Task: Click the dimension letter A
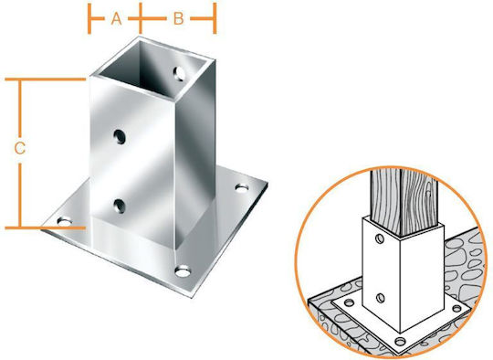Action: [116, 19]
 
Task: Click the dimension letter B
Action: [178, 19]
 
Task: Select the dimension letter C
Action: [20, 148]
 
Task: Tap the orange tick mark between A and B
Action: [141, 18]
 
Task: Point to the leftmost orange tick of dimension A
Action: [89, 18]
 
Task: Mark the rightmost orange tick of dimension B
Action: [215, 18]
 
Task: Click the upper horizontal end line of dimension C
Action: [46, 79]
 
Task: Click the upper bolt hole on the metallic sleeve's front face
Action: [120, 137]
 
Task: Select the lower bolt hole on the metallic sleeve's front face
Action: [120, 206]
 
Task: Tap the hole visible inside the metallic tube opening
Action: [180, 74]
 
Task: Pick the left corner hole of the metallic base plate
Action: [65, 222]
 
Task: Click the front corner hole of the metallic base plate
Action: [183, 271]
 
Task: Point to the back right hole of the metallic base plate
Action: [242, 188]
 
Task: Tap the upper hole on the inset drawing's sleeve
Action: [380, 238]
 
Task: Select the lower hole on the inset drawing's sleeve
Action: [381, 297]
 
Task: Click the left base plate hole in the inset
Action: [350, 303]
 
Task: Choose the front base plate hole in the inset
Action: [400, 341]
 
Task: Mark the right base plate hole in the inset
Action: [456, 309]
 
